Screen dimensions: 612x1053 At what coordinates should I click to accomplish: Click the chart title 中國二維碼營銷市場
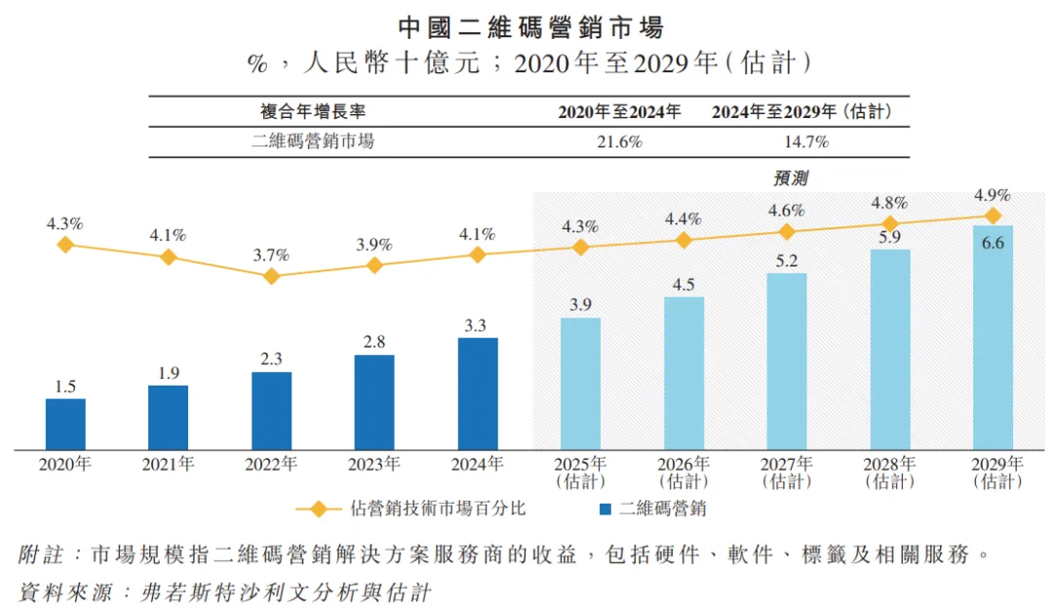click(526, 26)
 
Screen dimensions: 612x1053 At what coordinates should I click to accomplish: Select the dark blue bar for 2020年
click(65, 425)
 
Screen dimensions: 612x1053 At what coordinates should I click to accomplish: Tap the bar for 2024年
click(478, 394)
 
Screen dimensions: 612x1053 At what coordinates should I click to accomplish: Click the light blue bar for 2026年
click(683, 374)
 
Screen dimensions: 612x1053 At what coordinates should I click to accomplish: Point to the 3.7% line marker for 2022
click(271, 276)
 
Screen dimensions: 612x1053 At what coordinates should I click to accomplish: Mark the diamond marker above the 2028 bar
click(890, 224)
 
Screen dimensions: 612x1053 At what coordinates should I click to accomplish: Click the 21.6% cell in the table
click(619, 142)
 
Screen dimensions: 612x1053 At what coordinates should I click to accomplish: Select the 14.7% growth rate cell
click(805, 142)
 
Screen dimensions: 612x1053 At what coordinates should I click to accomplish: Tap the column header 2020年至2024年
click(619, 112)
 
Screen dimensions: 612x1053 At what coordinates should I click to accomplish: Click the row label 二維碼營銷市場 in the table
click(312, 142)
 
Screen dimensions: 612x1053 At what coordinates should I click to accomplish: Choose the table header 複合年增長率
click(312, 112)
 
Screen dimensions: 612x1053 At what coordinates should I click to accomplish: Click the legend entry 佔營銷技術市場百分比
click(439, 509)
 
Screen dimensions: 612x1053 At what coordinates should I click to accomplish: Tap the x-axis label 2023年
click(374, 465)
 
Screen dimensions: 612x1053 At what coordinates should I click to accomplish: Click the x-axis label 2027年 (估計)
click(787, 472)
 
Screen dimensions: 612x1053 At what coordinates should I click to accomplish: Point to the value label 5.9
click(890, 236)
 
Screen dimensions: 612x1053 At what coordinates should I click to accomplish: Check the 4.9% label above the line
click(993, 194)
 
